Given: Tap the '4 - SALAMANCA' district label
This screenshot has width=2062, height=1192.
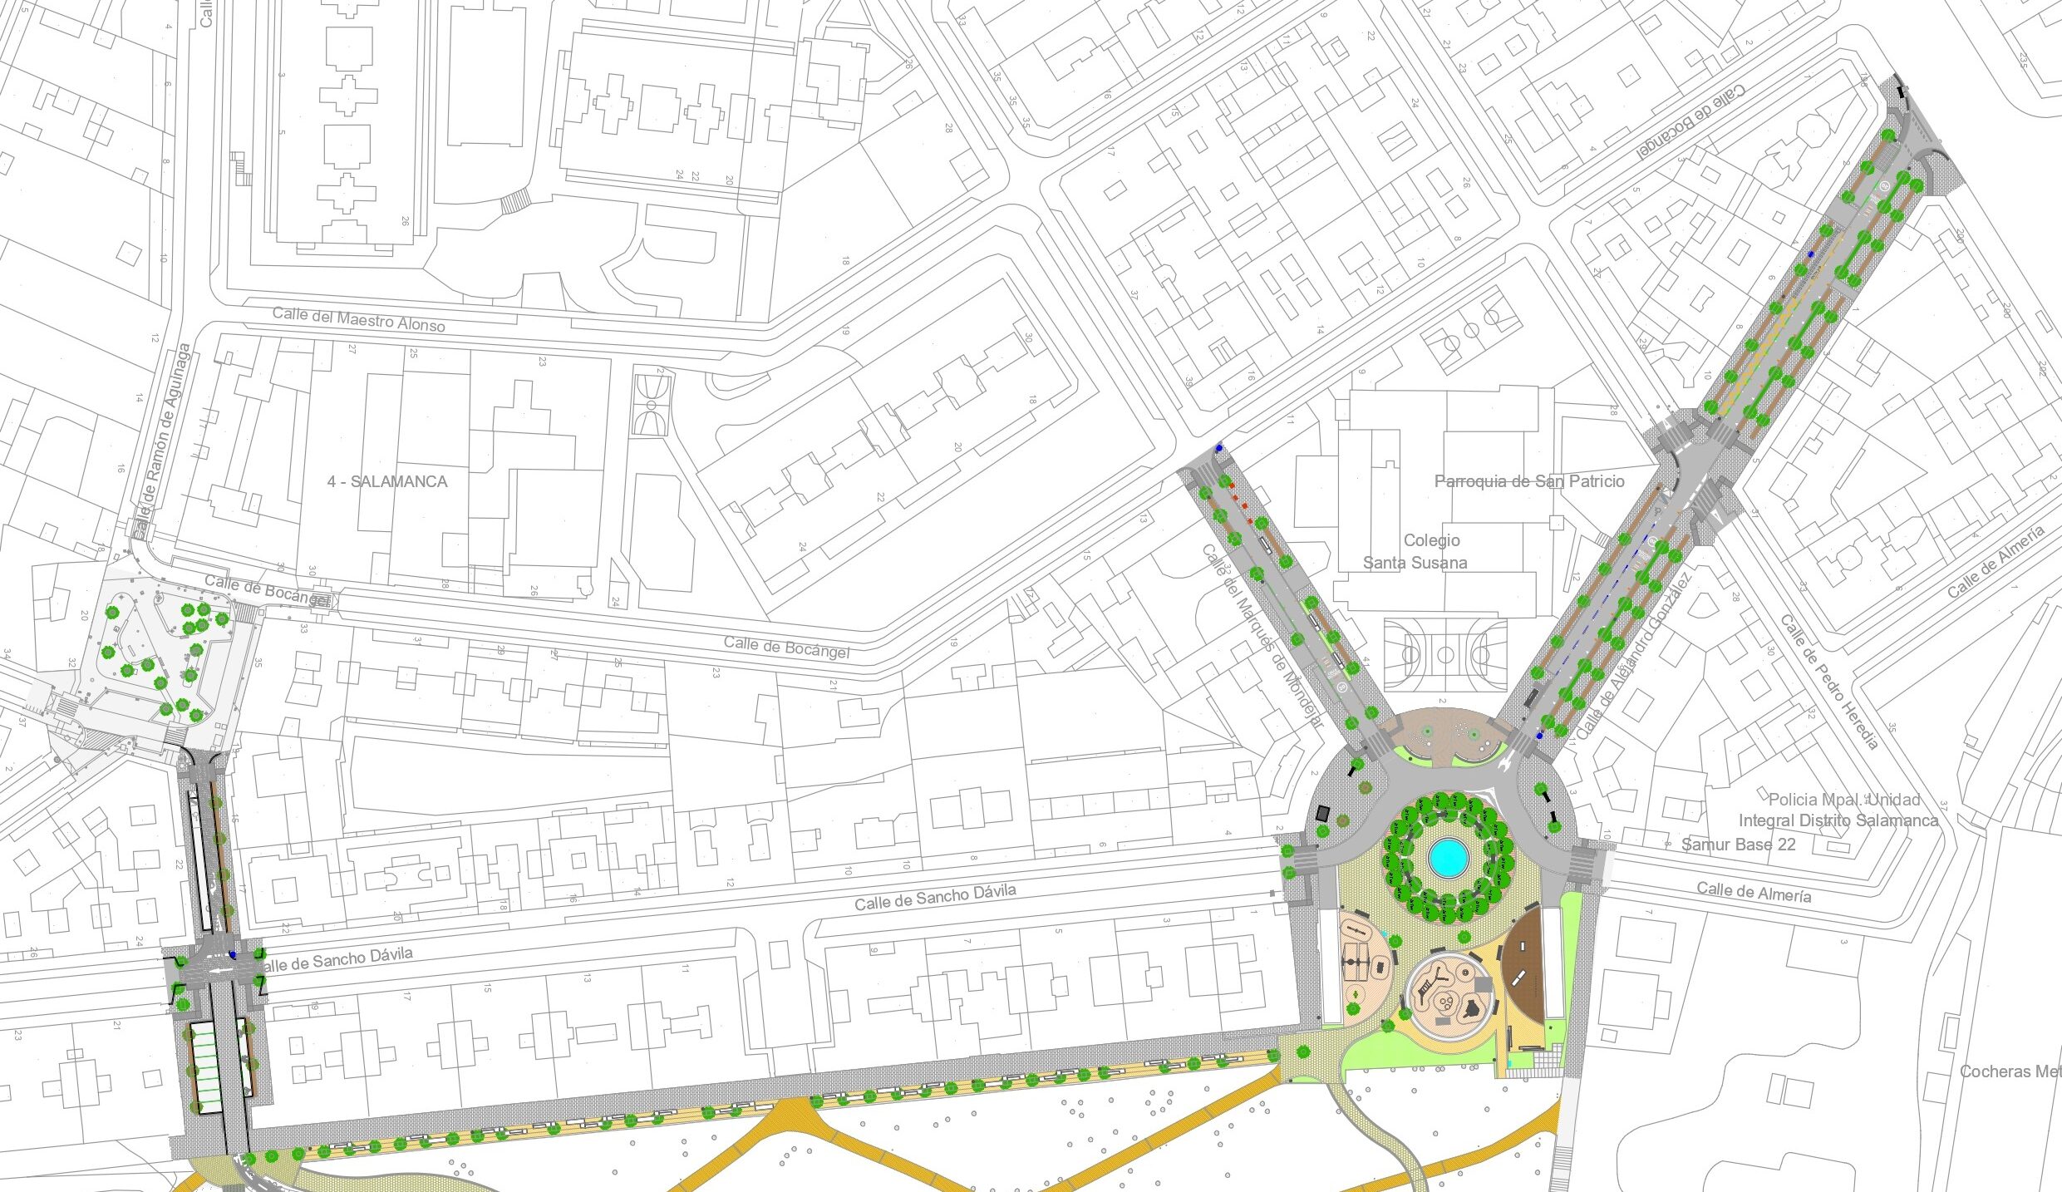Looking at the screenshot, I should coord(387,481).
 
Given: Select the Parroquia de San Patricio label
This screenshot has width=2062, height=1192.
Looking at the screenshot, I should coord(1529,481).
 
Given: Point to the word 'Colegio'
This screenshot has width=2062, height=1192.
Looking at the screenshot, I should coord(1431,540).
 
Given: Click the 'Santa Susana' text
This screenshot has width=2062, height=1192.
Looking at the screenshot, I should coord(1415,563).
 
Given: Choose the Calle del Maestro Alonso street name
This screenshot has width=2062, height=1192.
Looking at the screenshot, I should coord(358,319).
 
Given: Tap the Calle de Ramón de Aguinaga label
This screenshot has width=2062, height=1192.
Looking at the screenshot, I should coord(162,441).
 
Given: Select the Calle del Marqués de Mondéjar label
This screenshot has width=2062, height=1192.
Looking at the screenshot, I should coord(1261,636).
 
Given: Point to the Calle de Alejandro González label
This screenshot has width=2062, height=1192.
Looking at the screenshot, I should coord(1632,657).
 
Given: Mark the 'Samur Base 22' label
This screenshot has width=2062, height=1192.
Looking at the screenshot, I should coord(1739,845).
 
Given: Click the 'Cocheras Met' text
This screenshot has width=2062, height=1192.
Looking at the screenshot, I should coord(2010,1071).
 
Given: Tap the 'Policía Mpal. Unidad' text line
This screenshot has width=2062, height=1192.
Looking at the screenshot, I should coord(1843,800).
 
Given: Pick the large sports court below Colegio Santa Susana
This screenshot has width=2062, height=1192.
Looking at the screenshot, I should coord(1444,654).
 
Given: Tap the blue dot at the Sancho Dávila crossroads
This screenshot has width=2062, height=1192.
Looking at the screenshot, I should coord(233,955).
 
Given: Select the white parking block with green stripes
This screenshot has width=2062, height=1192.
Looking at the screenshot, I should coord(204,1067).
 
